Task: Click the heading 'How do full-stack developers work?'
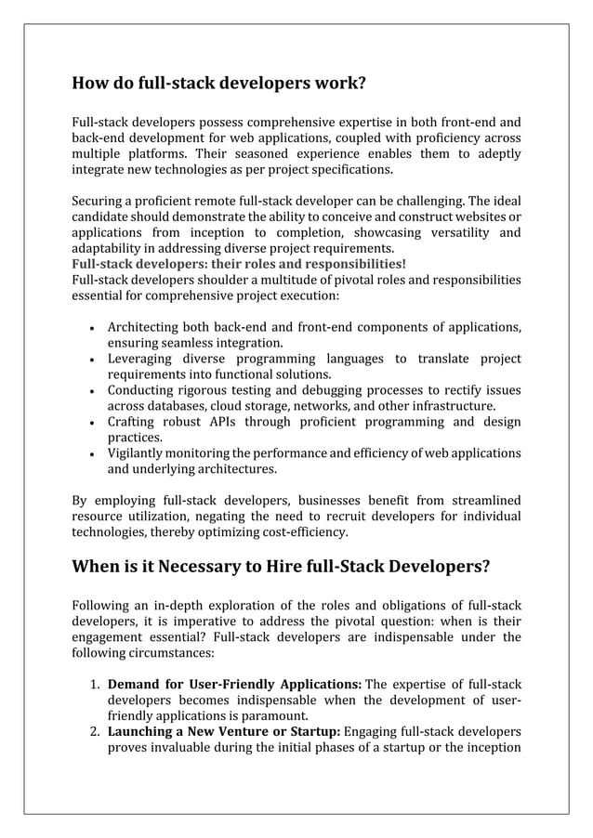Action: pos(219,85)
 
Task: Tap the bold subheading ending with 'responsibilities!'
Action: pos(238,264)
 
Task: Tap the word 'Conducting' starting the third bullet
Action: pos(142,390)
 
